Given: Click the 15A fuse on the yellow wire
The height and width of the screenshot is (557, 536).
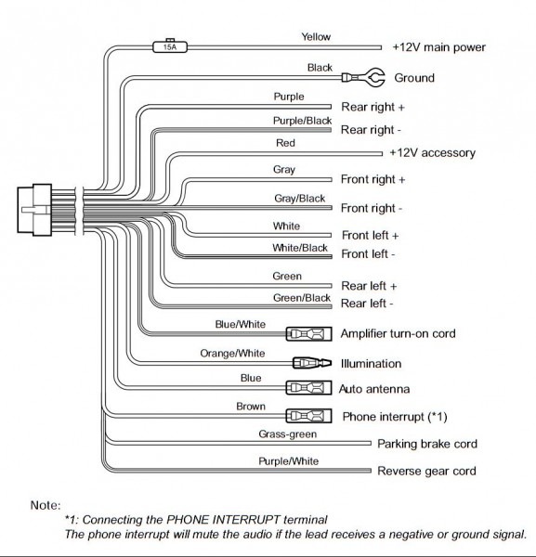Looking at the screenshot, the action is click(170, 46).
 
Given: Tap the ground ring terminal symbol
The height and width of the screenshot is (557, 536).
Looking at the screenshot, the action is click(363, 77).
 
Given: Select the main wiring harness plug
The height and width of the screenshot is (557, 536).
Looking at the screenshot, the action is click(34, 210).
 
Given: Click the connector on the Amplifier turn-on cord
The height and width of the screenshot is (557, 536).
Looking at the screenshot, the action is click(309, 334).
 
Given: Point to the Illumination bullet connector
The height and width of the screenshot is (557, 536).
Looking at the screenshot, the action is click(312, 363).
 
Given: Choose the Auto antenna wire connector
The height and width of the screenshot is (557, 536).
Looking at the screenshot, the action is click(309, 387).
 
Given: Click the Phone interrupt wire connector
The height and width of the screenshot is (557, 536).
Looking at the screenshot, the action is click(309, 416).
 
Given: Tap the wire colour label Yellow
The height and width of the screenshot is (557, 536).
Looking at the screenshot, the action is click(316, 36).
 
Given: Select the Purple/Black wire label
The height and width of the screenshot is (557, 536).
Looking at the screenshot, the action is click(302, 121).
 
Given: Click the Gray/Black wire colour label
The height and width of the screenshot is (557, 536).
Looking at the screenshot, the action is click(300, 199).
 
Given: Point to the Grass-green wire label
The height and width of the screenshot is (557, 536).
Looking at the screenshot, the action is click(288, 434).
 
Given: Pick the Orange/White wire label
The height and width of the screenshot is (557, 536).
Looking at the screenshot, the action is click(232, 353).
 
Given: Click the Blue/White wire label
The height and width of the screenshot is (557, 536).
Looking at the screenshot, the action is click(241, 324).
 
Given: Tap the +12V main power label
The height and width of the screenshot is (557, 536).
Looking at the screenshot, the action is click(439, 47).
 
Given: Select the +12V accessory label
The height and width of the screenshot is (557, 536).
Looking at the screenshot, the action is click(433, 153).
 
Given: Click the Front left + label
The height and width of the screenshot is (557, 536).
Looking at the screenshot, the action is click(370, 235).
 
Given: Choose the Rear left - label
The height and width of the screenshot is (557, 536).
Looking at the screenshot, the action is click(367, 304).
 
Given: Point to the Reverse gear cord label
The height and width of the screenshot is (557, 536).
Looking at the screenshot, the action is click(426, 471).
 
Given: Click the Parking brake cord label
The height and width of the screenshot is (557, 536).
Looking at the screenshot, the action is click(427, 444).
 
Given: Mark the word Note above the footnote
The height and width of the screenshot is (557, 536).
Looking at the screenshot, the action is click(46, 505).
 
